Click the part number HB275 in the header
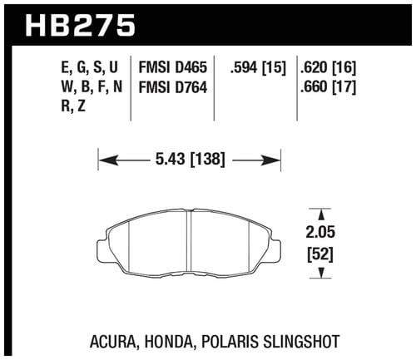pos(81,26)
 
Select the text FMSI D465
pos(173,67)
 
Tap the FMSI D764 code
pos(173,87)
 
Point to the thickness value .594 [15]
pos(257,67)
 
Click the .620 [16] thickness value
pos(328,67)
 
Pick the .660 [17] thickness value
pos(328,87)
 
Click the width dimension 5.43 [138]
pos(190,160)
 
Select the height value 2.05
pos(320,232)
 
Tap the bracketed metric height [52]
pos(320,254)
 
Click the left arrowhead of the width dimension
pos(108,160)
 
